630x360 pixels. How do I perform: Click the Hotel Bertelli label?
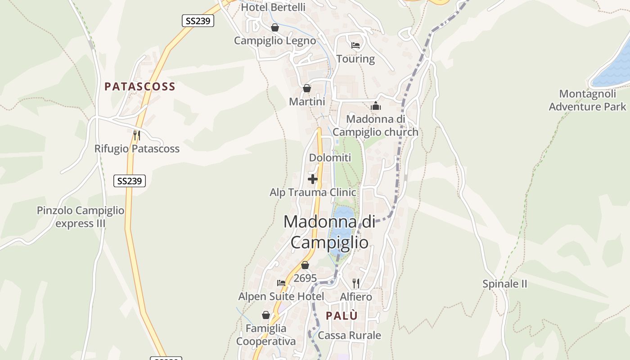(x=273, y=7)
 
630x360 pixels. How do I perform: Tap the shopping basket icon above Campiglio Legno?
(x=275, y=28)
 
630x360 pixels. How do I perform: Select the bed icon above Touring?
(x=355, y=45)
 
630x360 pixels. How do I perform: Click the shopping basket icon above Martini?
(x=307, y=88)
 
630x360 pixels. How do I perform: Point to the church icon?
(x=376, y=106)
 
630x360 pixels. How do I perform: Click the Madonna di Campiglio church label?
(x=376, y=126)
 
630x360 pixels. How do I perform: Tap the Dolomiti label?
(x=330, y=157)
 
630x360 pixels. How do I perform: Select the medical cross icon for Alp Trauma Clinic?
(x=313, y=179)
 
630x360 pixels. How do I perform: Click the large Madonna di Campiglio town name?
(x=329, y=232)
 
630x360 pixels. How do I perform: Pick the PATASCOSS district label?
(x=140, y=86)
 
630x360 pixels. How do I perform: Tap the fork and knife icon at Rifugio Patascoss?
(x=137, y=135)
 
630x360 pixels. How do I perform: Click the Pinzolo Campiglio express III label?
(x=81, y=217)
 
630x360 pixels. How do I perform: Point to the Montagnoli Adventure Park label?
(x=587, y=100)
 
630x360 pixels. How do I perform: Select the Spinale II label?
(x=505, y=284)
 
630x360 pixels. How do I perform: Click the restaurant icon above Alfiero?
(x=356, y=283)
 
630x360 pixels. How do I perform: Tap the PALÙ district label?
(x=342, y=316)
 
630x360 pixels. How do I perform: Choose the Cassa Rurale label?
(x=349, y=335)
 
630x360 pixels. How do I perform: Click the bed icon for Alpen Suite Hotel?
(x=281, y=283)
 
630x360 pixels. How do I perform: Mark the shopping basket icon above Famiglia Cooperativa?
(x=266, y=315)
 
